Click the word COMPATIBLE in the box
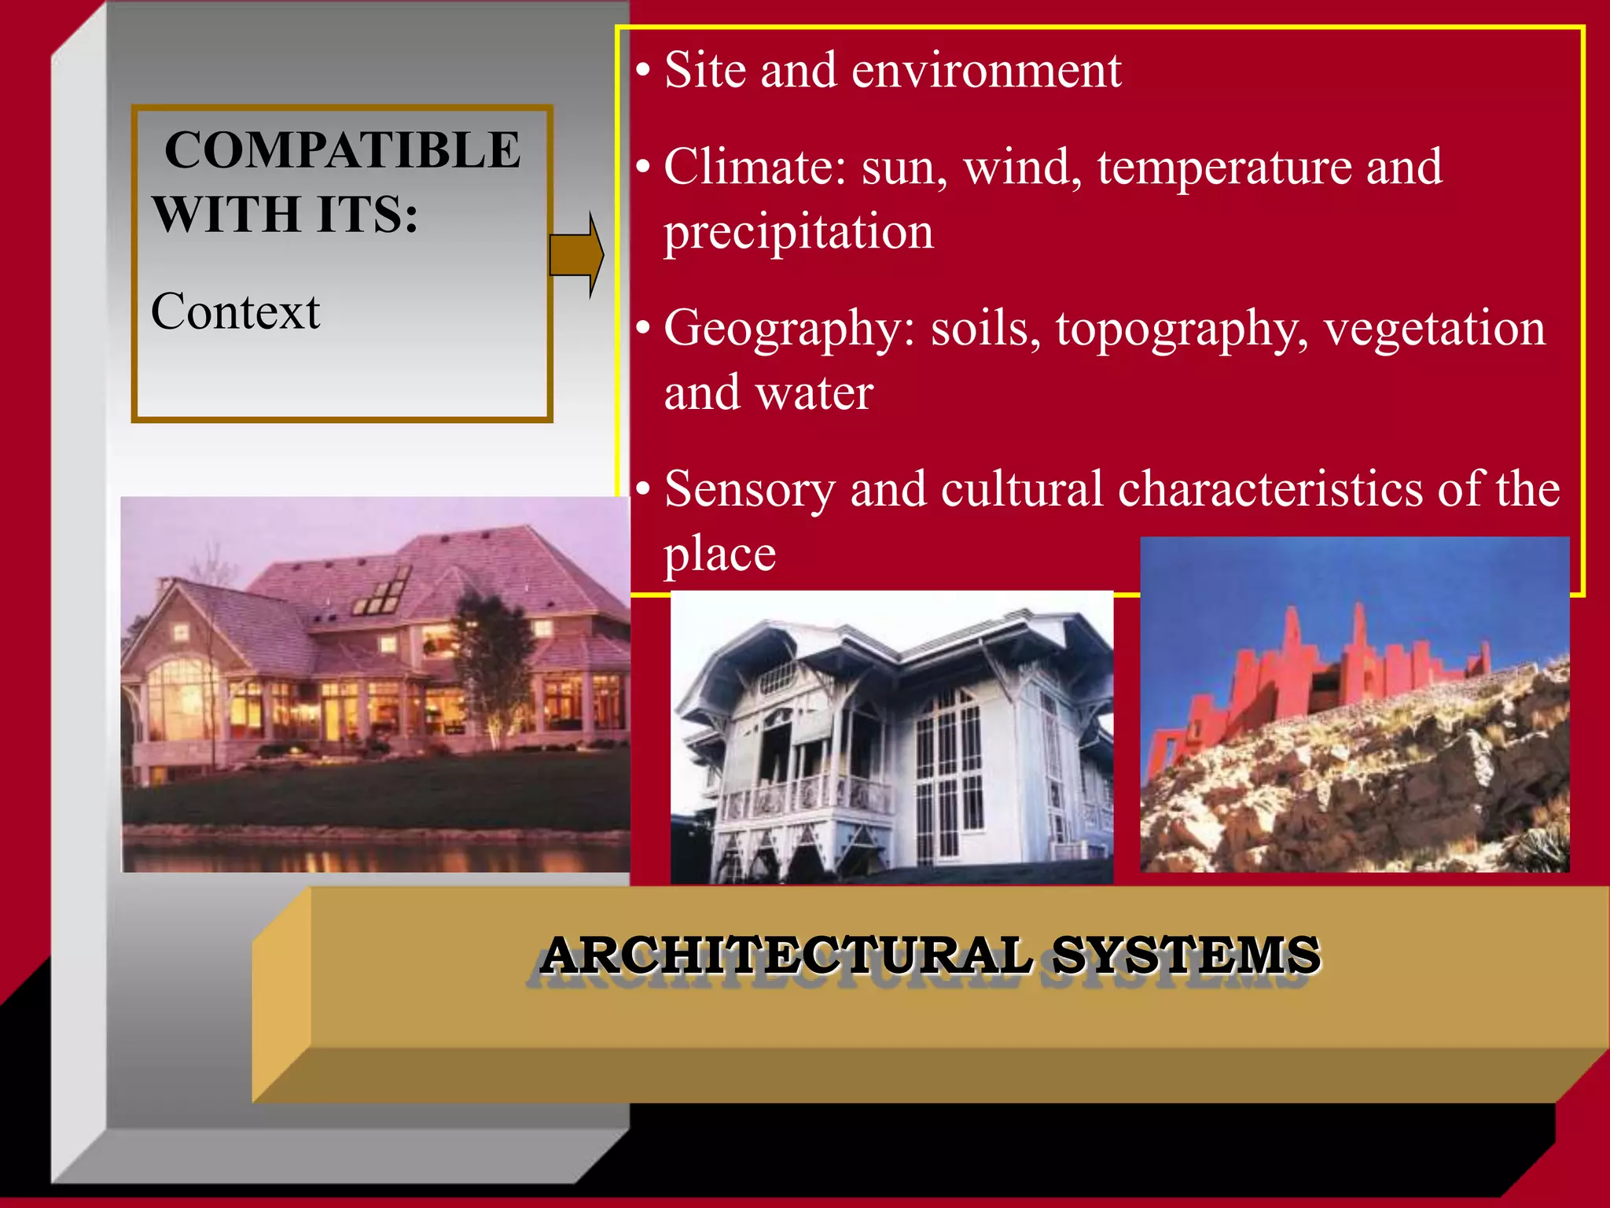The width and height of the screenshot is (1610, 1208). tap(342, 149)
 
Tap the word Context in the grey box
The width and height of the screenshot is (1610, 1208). tap(235, 311)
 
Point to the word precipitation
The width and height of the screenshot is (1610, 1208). tap(799, 233)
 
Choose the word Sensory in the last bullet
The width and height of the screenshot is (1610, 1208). tap(749, 489)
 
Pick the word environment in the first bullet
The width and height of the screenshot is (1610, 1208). tap(987, 71)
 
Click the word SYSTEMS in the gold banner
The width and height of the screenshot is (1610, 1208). tap(1186, 955)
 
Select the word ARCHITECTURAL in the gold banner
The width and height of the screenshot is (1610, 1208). tap(786, 955)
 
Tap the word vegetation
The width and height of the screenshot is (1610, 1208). tap(1435, 329)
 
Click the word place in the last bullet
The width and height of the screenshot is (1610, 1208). tap(719, 554)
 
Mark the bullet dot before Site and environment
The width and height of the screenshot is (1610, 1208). tap(643, 71)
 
